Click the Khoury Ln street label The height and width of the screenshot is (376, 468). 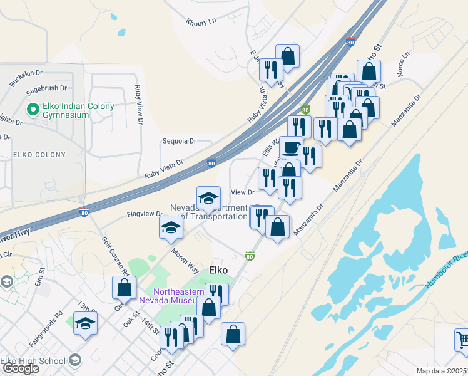pyautogui.click(x=200, y=23)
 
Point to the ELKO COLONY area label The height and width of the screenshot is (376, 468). pyautogui.click(x=39, y=155)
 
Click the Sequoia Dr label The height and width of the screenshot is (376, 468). pyautogui.click(x=179, y=141)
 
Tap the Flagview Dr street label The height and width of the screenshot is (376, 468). pyautogui.click(x=145, y=214)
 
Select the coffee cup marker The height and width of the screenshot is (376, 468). pyautogui.click(x=290, y=148)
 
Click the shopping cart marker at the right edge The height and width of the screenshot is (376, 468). pyautogui.click(x=462, y=339)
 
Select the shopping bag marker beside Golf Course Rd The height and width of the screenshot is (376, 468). pyautogui.click(x=124, y=288)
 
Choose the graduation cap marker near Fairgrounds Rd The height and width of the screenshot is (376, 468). pyautogui.click(x=85, y=323)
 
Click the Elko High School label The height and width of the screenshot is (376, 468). pyautogui.click(x=33, y=360)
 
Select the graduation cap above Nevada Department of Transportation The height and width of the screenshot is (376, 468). pyautogui.click(x=208, y=199)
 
